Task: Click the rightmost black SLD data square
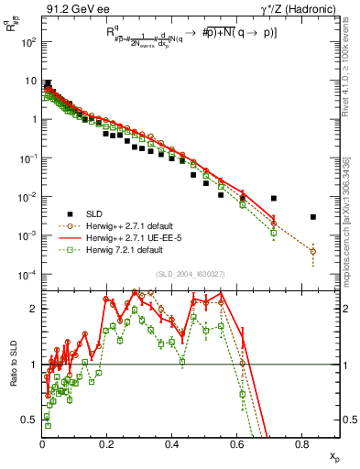313,217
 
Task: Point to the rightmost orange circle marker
313,251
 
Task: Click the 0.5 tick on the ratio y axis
30,420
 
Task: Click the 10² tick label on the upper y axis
28,42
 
